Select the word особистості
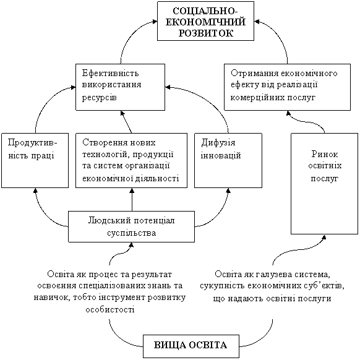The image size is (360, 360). coord(110,309)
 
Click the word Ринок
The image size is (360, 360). coord(324,154)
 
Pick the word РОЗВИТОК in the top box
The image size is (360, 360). coord(206,33)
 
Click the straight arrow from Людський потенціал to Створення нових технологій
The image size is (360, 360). coord(132,200)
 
